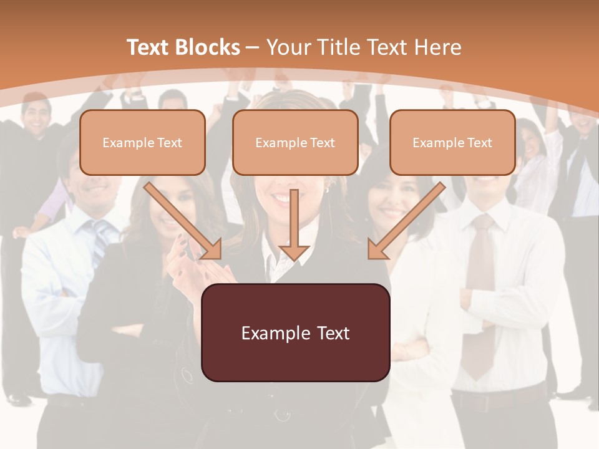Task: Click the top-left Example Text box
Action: (x=142, y=143)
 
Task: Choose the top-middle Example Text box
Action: (x=295, y=143)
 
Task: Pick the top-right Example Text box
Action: (x=452, y=143)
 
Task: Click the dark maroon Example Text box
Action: (x=295, y=333)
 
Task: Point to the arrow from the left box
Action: (x=184, y=221)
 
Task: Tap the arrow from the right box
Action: (x=406, y=221)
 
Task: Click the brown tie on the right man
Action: (x=480, y=293)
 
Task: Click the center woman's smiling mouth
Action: (x=282, y=198)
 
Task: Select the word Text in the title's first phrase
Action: (x=148, y=47)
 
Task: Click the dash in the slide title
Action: (x=253, y=47)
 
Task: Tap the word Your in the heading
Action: (x=288, y=47)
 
